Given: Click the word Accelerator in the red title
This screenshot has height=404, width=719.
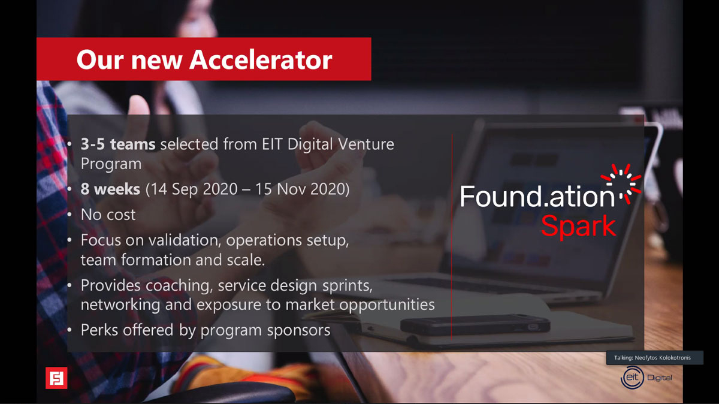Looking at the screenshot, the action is [261, 60].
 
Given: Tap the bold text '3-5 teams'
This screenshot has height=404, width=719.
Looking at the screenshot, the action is [118, 144].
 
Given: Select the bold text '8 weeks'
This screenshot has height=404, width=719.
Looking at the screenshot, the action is [110, 189].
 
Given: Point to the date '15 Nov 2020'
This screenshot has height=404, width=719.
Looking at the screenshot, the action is [300, 189].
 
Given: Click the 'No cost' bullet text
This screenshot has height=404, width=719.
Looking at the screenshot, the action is [108, 215].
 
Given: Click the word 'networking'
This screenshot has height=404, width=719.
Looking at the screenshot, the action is [120, 304].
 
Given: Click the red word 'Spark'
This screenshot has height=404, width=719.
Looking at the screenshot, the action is [579, 226].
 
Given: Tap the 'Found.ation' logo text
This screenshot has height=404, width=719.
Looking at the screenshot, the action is [537, 196].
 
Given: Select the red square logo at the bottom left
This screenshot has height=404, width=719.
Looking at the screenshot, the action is [56, 378].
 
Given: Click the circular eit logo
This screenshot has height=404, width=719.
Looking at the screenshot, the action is [632, 378].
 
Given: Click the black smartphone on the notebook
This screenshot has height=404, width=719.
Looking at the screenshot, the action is [475, 325].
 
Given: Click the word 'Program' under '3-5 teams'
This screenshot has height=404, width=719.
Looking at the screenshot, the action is [111, 164].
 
